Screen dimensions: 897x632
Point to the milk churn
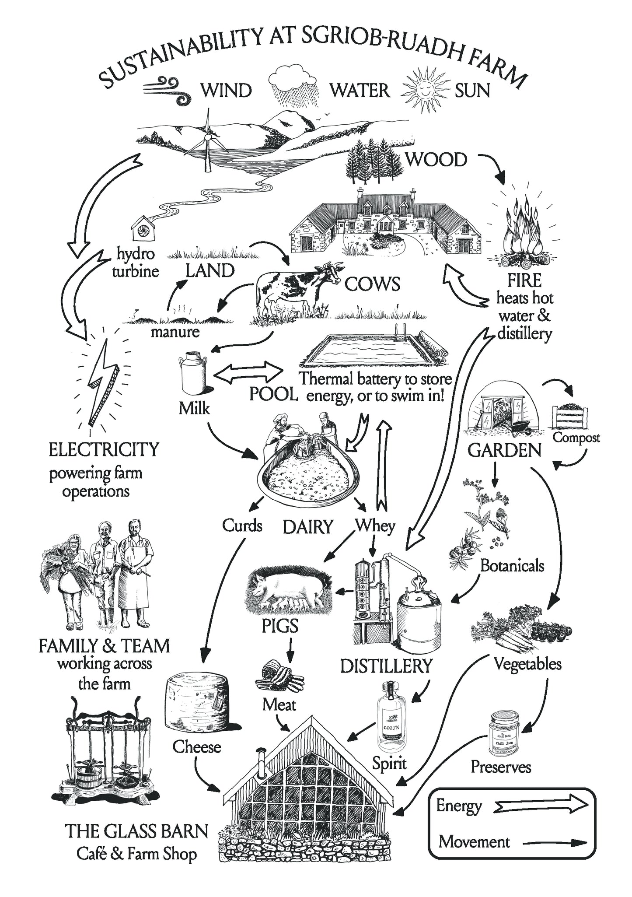coord(193,375)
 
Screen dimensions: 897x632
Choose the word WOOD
coord(436,160)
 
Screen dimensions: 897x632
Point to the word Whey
coord(375,526)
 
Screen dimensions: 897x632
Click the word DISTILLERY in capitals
coord(386,666)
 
